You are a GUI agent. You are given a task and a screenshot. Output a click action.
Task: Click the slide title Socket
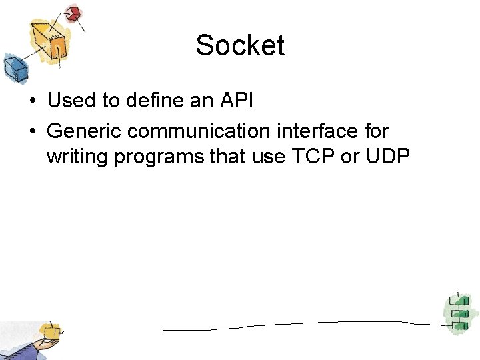(240, 45)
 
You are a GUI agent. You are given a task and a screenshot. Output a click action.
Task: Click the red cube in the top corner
(73, 13)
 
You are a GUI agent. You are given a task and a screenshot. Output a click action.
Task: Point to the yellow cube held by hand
(49, 331)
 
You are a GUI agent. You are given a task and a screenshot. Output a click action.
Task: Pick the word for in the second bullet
(375, 131)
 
